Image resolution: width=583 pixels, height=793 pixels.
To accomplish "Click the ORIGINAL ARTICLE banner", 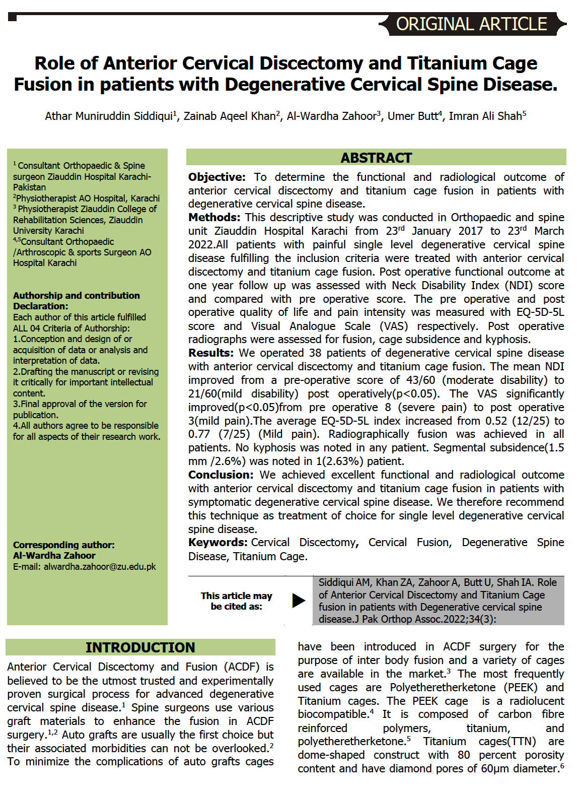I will (x=471, y=24).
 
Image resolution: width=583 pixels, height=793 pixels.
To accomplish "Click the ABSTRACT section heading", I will (x=376, y=158).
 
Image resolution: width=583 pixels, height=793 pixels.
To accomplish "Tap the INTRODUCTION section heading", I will (x=140, y=647).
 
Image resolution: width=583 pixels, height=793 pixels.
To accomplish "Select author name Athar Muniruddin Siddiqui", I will (x=109, y=116).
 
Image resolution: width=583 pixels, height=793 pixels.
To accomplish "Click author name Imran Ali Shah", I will (x=485, y=116).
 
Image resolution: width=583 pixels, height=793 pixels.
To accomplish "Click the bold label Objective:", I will (x=216, y=177).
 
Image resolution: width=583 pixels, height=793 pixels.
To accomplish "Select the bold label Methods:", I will (x=214, y=218).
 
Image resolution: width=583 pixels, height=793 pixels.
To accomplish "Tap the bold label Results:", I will (x=211, y=353).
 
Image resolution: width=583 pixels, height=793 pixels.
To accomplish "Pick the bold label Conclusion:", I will (x=221, y=475).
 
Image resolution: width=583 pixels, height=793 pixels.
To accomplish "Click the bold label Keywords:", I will (x=217, y=543).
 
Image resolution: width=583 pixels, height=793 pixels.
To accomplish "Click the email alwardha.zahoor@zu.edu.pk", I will (x=100, y=567).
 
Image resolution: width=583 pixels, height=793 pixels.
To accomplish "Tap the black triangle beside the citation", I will (x=299, y=601).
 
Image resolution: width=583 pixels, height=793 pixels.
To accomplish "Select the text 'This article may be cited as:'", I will (x=236, y=601).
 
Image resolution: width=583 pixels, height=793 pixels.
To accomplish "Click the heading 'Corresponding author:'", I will (x=63, y=545).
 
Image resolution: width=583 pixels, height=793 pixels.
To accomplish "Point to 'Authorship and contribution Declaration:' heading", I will (x=76, y=301).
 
